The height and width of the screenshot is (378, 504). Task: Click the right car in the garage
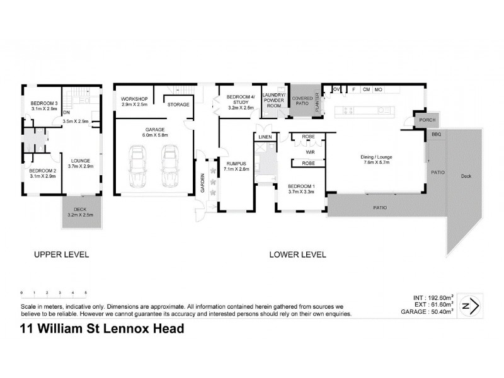pyautogui.click(x=168, y=167)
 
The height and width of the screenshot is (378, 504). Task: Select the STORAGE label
pyautogui.click(x=178, y=104)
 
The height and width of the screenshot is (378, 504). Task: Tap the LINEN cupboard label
pyautogui.click(x=265, y=137)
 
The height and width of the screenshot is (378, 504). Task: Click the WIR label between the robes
pyautogui.click(x=309, y=151)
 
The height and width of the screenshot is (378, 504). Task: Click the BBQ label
pyautogui.click(x=436, y=135)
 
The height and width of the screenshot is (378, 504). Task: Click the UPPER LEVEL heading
pyautogui.click(x=60, y=255)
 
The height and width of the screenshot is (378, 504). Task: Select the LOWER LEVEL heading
pyautogui.click(x=297, y=255)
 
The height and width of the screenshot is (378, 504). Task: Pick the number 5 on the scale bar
pyautogui.click(x=86, y=293)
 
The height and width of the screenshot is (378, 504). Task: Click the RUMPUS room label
pyautogui.click(x=236, y=165)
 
